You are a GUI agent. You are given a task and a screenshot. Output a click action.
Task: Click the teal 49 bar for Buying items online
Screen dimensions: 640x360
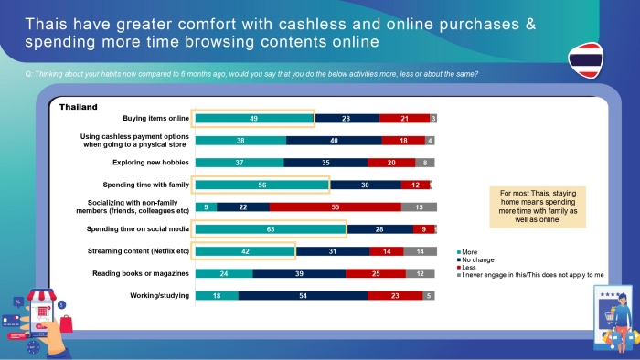coord(254,119)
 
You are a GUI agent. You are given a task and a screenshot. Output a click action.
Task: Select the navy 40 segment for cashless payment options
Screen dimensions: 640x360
coord(334,141)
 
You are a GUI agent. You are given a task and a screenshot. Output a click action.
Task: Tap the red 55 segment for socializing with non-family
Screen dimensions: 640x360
coord(336,207)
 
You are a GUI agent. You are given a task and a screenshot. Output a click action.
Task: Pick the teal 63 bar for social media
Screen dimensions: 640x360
coord(271,229)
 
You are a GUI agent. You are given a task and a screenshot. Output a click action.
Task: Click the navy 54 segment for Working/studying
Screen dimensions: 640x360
coord(303,295)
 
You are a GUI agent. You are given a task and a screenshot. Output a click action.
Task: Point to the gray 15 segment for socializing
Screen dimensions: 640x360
coord(419,207)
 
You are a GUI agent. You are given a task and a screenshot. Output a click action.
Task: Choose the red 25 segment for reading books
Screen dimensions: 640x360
coord(376,273)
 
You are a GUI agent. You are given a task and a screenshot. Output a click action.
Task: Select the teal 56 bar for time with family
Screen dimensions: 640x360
coord(262,185)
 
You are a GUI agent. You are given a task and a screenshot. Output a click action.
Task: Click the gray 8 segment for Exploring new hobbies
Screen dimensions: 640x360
coord(425,163)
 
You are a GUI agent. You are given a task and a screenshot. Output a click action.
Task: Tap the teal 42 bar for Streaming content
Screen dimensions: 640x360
coord(245,251)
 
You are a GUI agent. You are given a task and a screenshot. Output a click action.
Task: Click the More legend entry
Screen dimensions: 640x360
coord(467,252)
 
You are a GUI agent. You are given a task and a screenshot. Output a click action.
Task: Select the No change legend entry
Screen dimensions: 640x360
coord(475,259)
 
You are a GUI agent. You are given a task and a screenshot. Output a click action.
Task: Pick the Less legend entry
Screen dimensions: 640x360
coord(466,268)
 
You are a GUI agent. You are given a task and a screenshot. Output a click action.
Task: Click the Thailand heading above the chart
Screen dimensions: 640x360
coord(79,107)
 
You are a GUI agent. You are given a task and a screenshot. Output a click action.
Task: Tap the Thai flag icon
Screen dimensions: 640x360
coord(586,60)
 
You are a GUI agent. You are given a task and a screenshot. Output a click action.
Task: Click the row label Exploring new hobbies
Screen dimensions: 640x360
coord(151,163)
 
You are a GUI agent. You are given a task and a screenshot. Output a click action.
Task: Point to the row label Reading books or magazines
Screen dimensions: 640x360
coord(141,273)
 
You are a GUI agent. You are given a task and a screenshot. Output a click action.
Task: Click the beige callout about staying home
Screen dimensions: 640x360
coord(538,206)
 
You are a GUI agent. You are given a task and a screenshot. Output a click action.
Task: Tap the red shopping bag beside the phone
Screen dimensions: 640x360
coord(66,324)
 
